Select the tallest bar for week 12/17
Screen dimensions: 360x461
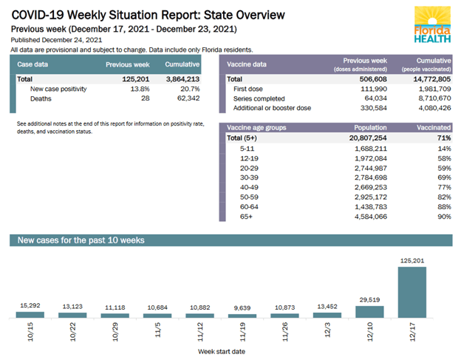(412, 292)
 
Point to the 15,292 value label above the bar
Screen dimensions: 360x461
(30, 305)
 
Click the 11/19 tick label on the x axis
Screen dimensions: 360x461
(243, 333)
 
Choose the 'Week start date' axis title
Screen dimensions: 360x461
(222, 352)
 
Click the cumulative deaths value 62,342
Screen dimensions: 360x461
(183, 98)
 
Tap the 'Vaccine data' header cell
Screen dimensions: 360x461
(248, 64)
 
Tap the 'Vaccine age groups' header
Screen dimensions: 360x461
(257, 128)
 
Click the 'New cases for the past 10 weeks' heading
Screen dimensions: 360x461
(81, 240)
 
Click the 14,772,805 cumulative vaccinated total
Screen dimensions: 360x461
(426, 78)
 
